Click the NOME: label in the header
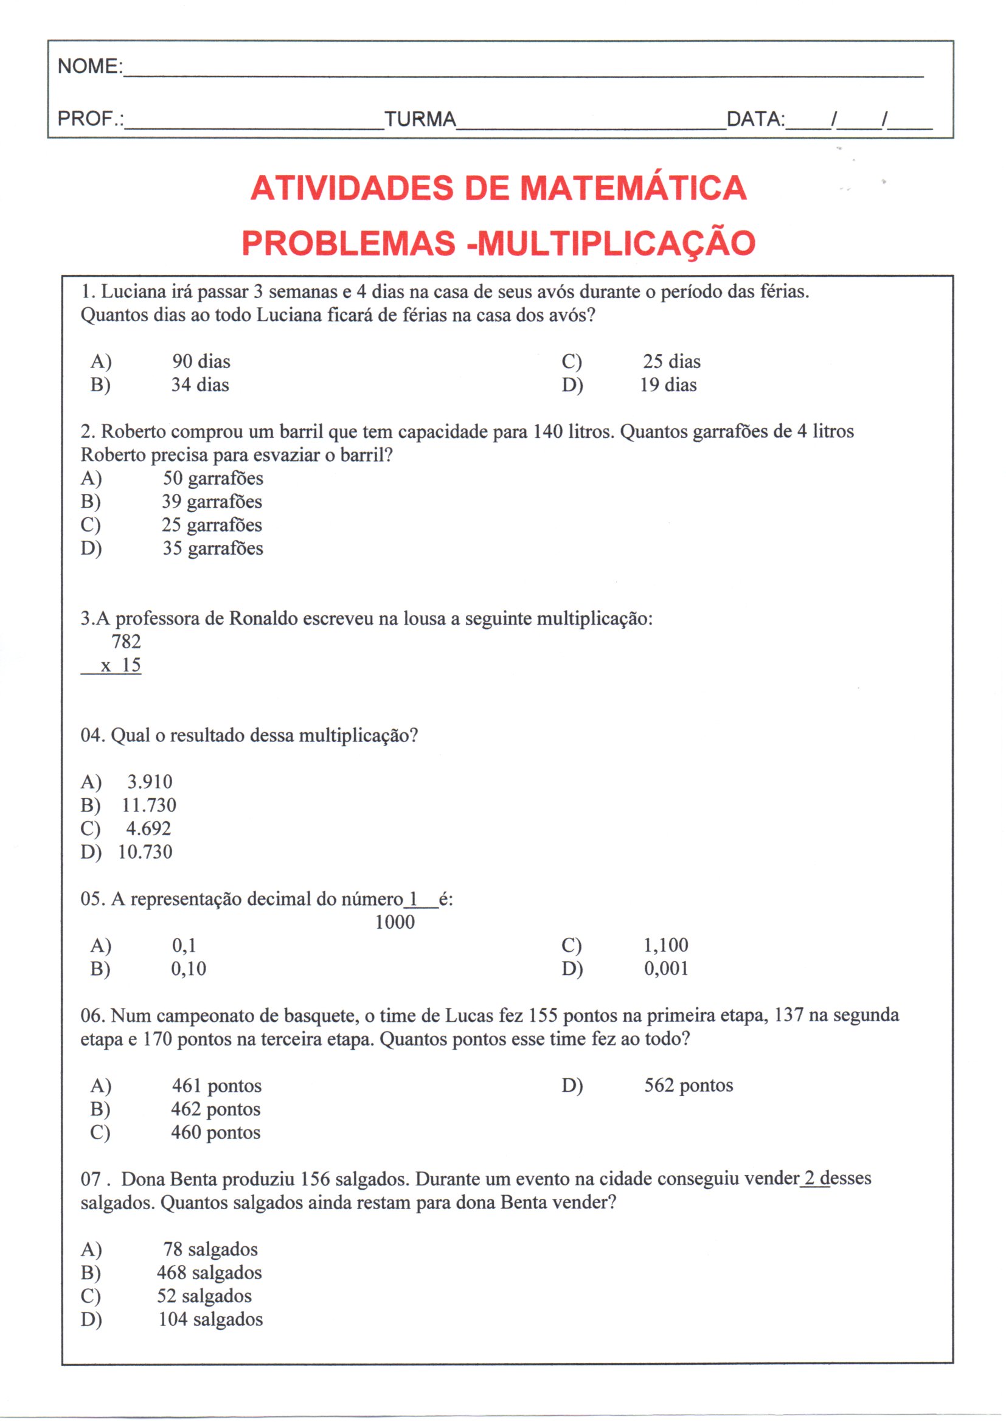[x=91, y=66]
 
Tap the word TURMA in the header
[x=420, y=119]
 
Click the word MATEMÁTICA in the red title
[x=633, y=189]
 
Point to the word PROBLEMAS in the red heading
[x=348, y=243]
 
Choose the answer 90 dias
[x=201, y=361]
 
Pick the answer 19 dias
[x=668, y=385]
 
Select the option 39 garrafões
[x=212, y=502]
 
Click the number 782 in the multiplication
[x=127, y=642]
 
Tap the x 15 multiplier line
[x=121, y=665]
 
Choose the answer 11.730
[x=148, y=805]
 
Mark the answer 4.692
[x=148, y=828]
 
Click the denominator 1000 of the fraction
[x=395, y=922]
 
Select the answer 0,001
[x=666, y=969]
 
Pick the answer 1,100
[x=666, y=945]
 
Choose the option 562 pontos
[x=689, y=1085]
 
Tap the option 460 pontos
[x=215, y=1132]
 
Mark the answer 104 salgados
[x=210, y=1319]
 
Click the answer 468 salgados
[x=209, y=1272]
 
